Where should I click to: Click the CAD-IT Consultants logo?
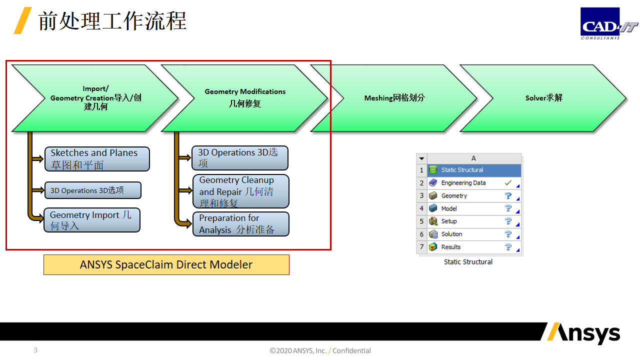click(608, 23)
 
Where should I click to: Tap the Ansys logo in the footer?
click(583, 333)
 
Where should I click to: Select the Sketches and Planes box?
click(97, 159)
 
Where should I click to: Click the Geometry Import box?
click(92, 220)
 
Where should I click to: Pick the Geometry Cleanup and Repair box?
click(241, 191)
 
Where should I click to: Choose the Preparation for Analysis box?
click(241, 224)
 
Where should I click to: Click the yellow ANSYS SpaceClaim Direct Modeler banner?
click(166, 264)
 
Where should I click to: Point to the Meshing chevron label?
click(394, 98)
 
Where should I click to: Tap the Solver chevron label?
click(543, 98)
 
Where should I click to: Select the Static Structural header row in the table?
click(474, 170)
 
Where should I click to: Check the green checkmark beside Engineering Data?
click(508, 182)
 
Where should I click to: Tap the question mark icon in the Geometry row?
click(508, 195)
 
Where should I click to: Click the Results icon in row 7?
click(433, 247)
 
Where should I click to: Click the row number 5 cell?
click(421, 221)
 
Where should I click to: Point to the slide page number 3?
click(35, 350)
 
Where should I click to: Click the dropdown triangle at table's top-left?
click(421, 158)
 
